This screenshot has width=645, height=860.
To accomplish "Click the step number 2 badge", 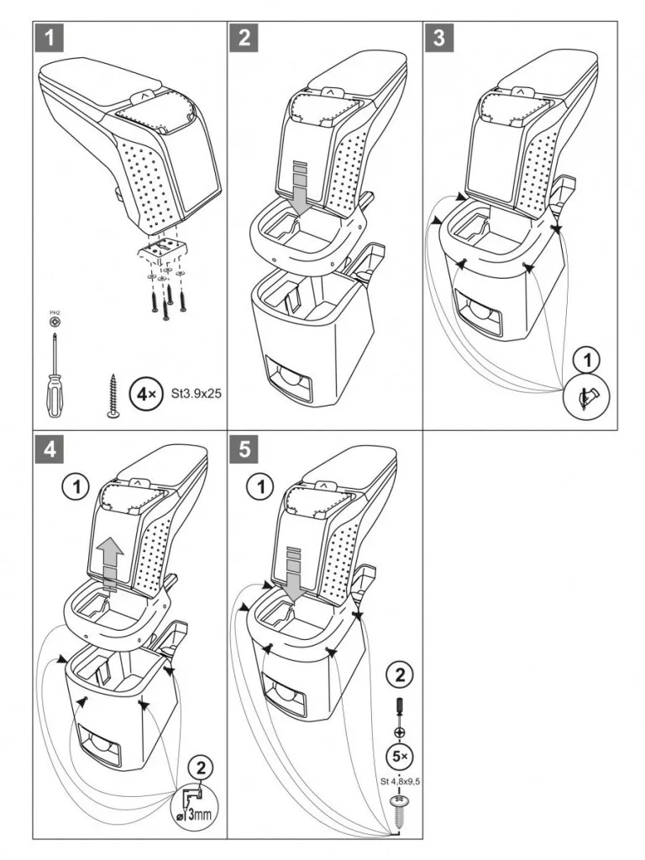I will click(x=244, y=38).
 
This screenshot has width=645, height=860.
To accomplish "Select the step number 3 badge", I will click(x=438, y=38).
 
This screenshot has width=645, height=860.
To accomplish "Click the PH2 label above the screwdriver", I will click(x=55, y=312).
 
